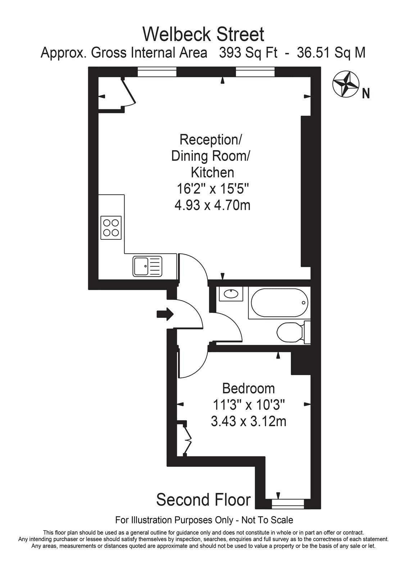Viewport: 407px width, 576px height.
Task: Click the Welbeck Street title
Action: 203,34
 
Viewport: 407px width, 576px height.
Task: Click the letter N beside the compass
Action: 366,93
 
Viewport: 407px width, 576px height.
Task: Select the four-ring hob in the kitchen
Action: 111,228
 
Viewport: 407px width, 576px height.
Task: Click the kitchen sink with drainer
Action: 148,266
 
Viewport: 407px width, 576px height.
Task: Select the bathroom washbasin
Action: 231,293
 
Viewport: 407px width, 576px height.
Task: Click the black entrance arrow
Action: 165,314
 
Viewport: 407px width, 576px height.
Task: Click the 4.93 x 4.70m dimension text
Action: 212,206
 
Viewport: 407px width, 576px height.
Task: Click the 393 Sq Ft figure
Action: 248,53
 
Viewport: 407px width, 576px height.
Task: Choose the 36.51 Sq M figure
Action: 331,53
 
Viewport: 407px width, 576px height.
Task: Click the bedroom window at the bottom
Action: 288,507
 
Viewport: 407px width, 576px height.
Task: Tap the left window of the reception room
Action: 157,72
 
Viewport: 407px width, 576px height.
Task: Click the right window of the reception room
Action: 255,72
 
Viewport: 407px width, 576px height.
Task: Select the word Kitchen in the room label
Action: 212,172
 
